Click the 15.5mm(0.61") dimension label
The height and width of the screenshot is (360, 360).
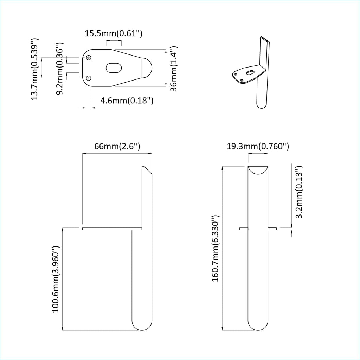(113, 34)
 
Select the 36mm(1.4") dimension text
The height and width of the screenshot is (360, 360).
(173, 69)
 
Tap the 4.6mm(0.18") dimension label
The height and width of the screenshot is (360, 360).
(127, 101)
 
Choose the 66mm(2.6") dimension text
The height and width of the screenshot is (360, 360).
(117, 146)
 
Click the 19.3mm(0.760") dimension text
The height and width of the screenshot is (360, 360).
(258, 146)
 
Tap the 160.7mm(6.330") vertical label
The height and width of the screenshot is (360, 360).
(216, 249)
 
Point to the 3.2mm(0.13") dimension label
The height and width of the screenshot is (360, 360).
(299, 192)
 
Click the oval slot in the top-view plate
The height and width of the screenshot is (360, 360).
(114, 67)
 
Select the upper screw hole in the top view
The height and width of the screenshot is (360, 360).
(89, 58)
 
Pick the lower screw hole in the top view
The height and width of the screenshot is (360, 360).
(89, 78)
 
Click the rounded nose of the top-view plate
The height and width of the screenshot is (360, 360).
(148, 68)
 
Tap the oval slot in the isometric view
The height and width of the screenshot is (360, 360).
(250, 72)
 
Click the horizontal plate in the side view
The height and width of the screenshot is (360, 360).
(111, 229)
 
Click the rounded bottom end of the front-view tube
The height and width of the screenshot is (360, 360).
(258, 325)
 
